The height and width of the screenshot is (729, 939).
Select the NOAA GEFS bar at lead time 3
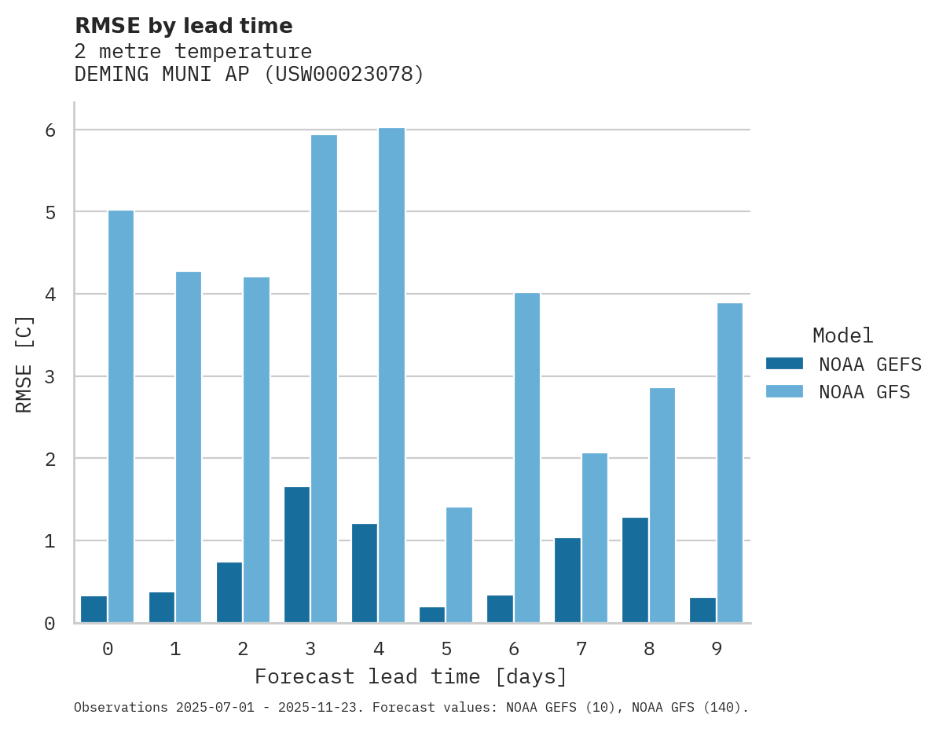297,555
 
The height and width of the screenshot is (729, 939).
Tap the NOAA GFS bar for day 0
121,416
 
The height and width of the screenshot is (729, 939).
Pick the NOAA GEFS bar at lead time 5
432,614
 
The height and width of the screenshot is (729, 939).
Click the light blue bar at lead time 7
594,537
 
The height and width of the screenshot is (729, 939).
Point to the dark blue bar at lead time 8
635,570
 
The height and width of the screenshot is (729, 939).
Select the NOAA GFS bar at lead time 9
729,463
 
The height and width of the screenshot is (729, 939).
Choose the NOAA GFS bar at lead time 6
526,457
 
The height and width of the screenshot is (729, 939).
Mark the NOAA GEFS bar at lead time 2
229,592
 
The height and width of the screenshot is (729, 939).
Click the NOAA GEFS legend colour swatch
784,364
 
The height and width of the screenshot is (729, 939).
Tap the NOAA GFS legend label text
864,392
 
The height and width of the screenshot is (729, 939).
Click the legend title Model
842,336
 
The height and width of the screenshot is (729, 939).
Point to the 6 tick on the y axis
50,130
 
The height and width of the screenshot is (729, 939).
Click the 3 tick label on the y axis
50,377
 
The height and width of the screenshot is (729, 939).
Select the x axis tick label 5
446,649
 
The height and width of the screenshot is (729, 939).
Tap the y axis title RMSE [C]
25,364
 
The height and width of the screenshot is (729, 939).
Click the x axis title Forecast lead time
410,676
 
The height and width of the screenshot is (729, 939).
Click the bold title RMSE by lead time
183,26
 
